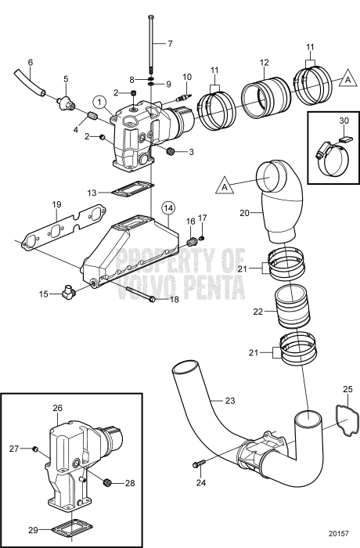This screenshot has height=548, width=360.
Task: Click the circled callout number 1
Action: coord(99,101)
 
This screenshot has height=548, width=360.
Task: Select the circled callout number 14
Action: coord(167,207)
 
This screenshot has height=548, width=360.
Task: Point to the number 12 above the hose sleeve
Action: coord(265,62)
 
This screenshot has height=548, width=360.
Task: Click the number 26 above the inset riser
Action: coord(57,407)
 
